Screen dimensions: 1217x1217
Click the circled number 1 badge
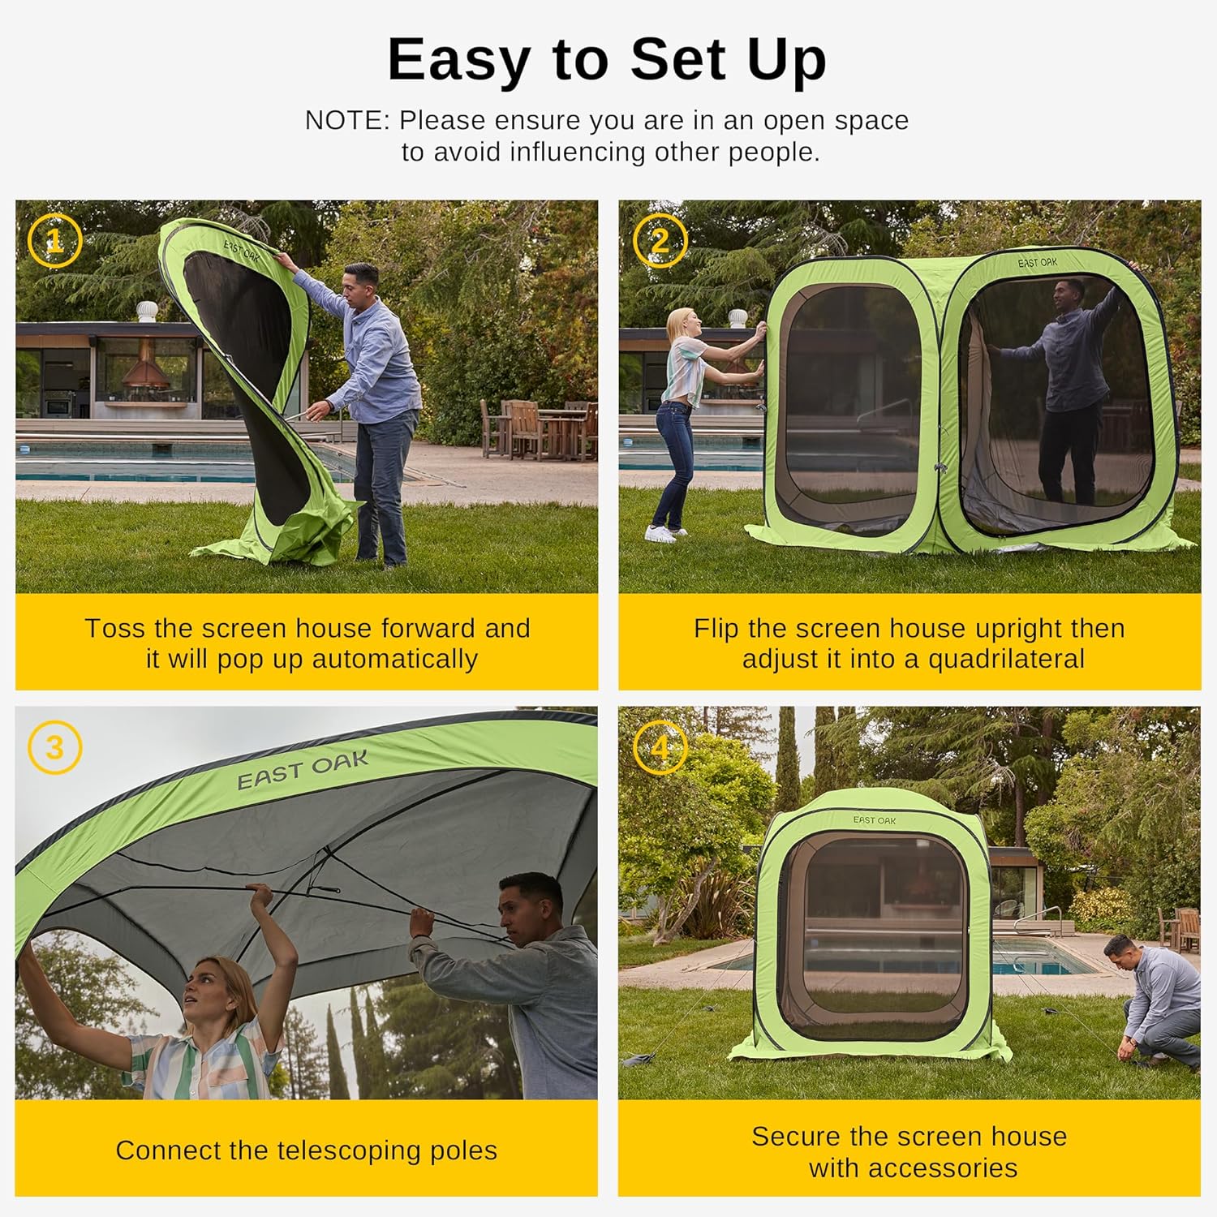coord(54,240)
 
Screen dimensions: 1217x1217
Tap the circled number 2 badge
coord(660,240)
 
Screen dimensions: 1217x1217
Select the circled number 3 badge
coord(54,747)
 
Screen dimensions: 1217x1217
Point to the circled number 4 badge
coord(660,747)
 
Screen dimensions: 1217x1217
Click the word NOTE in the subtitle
coord(342,120)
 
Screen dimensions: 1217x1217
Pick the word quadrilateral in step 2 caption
coord(1006,659)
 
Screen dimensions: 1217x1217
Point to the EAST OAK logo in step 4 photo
coord(875,820)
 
